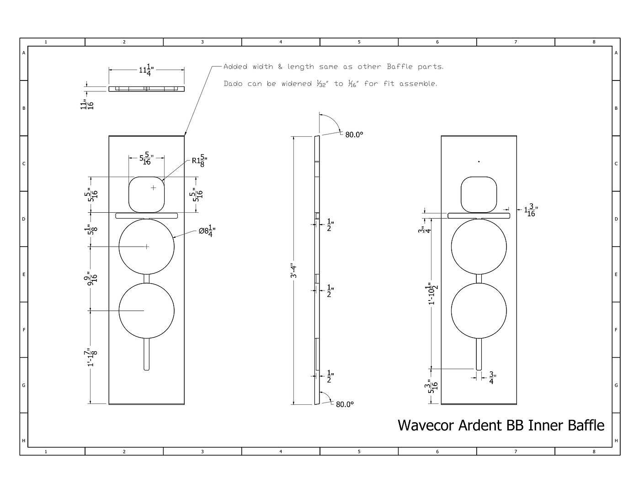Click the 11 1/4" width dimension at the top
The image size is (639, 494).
pos(146,70)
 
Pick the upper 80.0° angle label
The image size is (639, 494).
pos(354,135)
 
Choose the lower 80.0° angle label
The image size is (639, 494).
pos(345,404)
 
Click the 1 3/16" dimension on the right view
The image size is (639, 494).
pos(531,210)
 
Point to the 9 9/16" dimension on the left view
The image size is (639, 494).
pos(91,279)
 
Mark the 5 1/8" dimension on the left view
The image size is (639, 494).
pos(91,230)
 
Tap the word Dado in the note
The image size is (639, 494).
pos(233,84)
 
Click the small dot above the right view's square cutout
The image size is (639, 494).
pos(479,161)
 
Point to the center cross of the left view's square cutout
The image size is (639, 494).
pos(153,188)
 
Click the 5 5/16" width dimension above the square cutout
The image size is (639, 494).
pos(146,158)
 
